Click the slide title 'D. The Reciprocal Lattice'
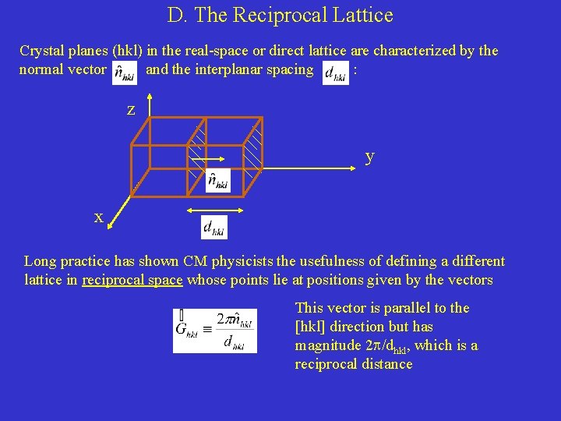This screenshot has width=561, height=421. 280,15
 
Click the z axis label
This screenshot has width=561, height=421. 131,110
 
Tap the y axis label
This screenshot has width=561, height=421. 370,156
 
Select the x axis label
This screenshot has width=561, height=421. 99,218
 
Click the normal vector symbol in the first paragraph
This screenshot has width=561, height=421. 124,72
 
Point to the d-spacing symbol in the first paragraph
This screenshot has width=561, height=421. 335,72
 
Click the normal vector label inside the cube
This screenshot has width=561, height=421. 218,181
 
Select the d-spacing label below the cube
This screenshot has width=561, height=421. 213,227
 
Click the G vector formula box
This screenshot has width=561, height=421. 214,331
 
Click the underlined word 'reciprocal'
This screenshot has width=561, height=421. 112,280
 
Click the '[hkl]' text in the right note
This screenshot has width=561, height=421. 310,327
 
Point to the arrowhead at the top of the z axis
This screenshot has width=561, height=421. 149,98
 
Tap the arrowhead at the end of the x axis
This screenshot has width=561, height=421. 111,225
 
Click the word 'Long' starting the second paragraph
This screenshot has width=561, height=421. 40,261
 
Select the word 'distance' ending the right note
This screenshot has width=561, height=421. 386,364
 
